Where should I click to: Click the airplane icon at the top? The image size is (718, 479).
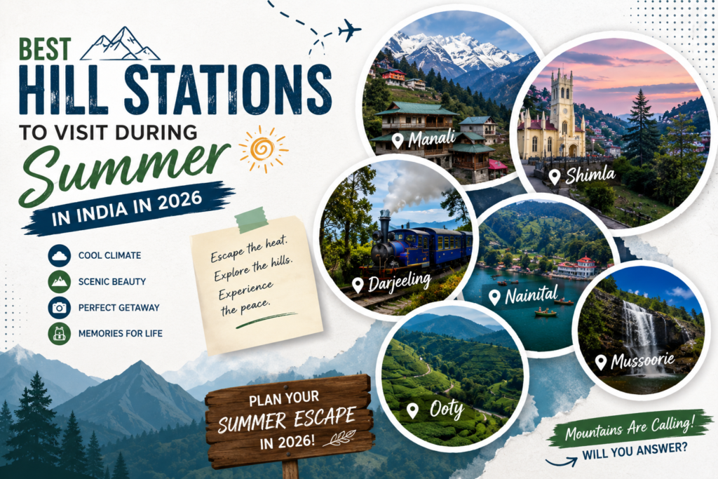349,30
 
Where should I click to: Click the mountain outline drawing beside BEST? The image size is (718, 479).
120,44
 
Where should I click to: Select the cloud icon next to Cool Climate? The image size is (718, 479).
60,255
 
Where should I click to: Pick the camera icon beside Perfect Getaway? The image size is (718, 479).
60,307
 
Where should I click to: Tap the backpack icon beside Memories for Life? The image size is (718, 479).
60,333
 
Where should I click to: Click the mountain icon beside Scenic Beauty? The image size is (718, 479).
60,281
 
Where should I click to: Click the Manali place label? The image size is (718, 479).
424,139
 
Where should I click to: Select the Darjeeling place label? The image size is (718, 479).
392,283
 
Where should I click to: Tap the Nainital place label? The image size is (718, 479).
523,295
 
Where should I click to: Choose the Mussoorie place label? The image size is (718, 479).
635,361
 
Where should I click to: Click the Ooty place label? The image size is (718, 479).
435,409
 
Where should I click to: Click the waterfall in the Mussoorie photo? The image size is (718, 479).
639,335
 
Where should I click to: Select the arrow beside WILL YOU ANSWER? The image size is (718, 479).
561,461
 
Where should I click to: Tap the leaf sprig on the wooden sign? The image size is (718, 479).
339,438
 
